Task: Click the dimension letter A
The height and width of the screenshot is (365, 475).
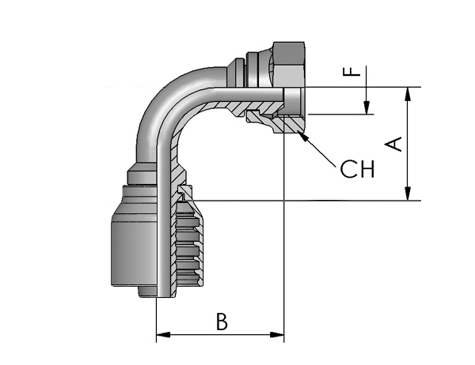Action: click(x=393, y=144)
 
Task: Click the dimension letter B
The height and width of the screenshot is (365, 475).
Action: click(x=222, y=322)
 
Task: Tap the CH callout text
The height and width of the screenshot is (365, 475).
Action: click(x=357, y=169)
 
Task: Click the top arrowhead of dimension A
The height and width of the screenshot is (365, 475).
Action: click(x=408, y=93)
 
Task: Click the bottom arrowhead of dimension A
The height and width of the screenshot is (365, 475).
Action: click(x=408, y=194)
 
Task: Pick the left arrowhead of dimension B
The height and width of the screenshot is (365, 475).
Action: click(x=163, y=335)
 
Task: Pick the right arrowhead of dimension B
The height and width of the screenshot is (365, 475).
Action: click(x=277, y=335)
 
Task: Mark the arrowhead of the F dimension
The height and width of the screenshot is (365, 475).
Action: click(x=367, y=107)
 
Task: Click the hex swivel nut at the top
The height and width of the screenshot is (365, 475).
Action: click(x=287, y=64)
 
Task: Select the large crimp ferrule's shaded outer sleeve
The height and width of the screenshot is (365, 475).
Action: click(x=134, y=236)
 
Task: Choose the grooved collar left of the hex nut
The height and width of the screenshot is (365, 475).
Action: click(x=256, y=70)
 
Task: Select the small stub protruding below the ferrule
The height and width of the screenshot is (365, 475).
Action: click(x=147, y=292)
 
